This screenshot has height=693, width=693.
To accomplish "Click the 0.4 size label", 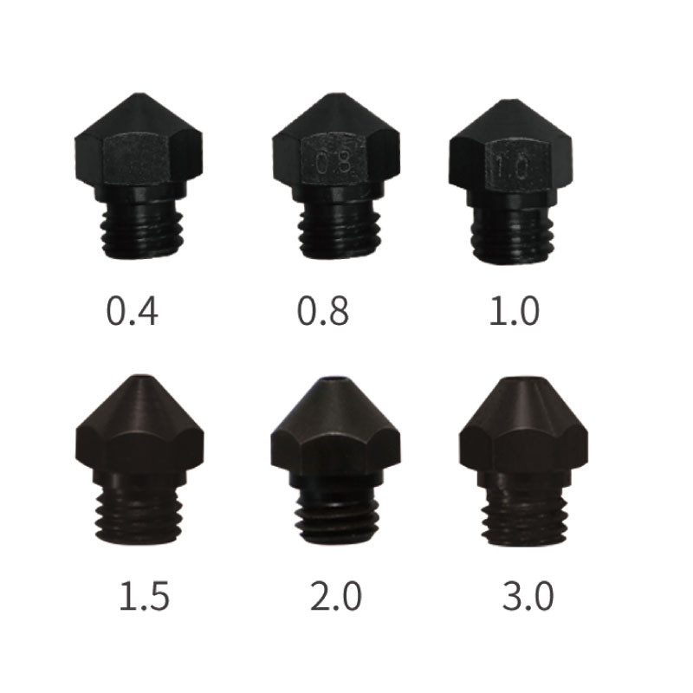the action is [133, 311].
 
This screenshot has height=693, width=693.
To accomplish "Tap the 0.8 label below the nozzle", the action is [322, 311].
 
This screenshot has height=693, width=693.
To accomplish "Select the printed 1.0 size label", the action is [514, 311].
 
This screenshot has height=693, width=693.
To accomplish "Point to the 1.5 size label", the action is [144, 596].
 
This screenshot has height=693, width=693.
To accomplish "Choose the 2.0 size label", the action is [336, 596].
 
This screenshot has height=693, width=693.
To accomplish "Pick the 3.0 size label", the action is [528, 596].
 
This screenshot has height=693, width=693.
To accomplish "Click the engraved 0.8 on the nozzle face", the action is [334, 163].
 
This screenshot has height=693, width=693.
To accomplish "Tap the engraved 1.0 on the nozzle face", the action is [513, 166].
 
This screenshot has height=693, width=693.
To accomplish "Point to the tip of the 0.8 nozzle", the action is [338, 95].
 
